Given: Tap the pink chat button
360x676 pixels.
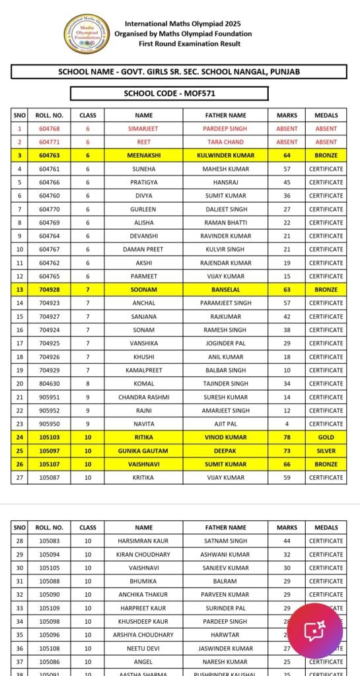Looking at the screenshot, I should [315, 630].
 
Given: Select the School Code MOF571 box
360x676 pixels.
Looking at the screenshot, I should [169, 94].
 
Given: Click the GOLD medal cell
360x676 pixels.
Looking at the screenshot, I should [326, 437].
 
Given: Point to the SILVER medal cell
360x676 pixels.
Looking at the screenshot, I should [326, 450].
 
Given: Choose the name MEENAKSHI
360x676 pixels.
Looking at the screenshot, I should [143, 155].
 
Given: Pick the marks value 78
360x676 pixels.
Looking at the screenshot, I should [287, 437].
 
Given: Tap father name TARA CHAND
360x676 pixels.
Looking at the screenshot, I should [225, 142].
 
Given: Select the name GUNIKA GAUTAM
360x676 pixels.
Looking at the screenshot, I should [143, 450].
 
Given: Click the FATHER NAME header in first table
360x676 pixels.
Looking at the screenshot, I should [225, 115].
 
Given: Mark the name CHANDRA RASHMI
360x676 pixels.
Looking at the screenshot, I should [143, 397].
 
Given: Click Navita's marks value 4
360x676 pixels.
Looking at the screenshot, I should [287, 424].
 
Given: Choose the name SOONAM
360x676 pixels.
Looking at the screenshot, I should [143, 289].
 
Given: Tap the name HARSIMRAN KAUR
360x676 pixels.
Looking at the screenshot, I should [143, 541].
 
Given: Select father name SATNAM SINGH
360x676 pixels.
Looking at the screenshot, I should [225, 541].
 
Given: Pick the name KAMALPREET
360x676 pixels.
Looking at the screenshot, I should [143, 370].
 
